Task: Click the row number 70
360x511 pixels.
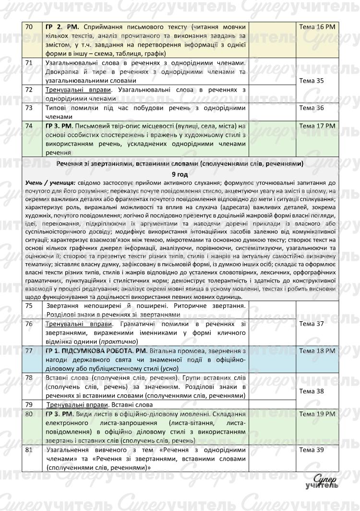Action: pyautogui.click(x=29, y=27)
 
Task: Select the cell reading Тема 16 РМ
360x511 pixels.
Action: pyautogui.click(x=317, y=27)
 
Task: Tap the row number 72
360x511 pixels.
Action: pyautogui.click(x=29, y=90)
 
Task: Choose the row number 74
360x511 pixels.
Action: pyautogui.click(x=29, y=126)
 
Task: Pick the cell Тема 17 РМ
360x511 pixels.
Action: pyautogui.click(x=317, y=126)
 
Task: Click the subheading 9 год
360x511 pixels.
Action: pyautogui.click(x=180, y=174)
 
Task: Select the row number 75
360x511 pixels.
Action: pyautogui.click(x=29, y=306)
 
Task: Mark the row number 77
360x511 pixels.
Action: pyautogui.click(x=29, y=351)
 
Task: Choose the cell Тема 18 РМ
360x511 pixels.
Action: pyautogui.click(x=317, y=351)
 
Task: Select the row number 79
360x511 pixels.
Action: pyautogui.click(x=29, y=404)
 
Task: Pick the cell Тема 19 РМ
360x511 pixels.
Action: pyautogui.click(x=317, y=414)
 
